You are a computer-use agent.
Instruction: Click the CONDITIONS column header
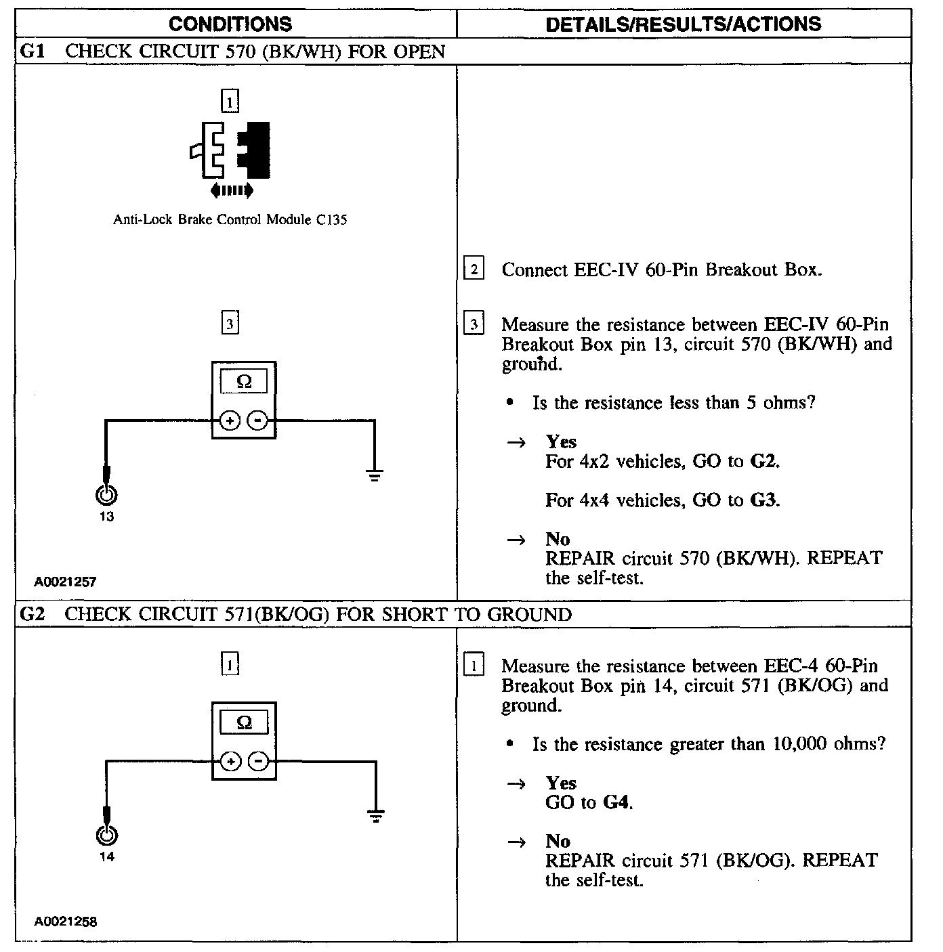click(x=230, y=24)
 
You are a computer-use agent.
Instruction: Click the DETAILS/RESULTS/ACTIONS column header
click(x=683, y=24)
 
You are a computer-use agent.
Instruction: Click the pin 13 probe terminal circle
click(x=106, y=496)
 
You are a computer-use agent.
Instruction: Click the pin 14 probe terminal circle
click(x=106, y=836)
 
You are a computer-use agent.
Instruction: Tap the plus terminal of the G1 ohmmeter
click(x=230, y=421)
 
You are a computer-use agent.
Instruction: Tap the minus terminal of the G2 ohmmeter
click(x=258, y=761)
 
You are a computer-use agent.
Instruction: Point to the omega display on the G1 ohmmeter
click(x=244, y=382)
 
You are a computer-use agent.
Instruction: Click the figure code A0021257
click(x=66, y=581)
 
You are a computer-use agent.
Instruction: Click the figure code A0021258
click(x=66, y=921)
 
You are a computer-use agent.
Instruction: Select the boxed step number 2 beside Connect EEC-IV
click(x=473, y=269)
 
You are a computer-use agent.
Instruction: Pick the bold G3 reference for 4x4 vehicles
click(x=764, y=500)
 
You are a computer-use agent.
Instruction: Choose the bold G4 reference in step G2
click(x=616, y=803)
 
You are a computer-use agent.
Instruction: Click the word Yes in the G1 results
click(x=561, y=442)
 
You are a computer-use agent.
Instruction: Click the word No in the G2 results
click(x=558, y=841)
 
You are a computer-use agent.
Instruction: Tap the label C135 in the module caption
click(x=331, y=219)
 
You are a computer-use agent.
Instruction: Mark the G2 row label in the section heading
click(x=33, y=614)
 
